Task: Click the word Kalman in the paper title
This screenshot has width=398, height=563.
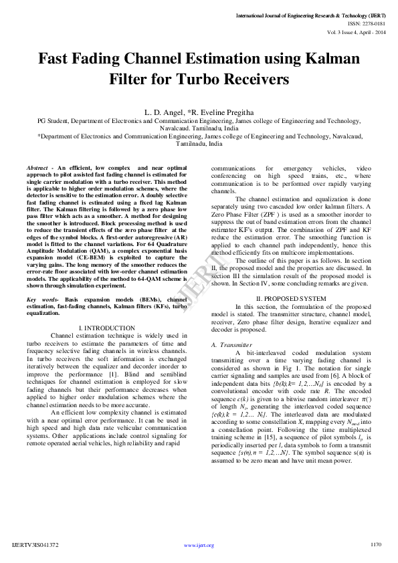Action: [328, 59]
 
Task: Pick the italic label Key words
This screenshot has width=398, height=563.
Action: [41, 300]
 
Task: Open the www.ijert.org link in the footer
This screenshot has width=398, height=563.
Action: [199, 546]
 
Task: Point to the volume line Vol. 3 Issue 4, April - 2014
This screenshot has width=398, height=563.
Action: [357, 31]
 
